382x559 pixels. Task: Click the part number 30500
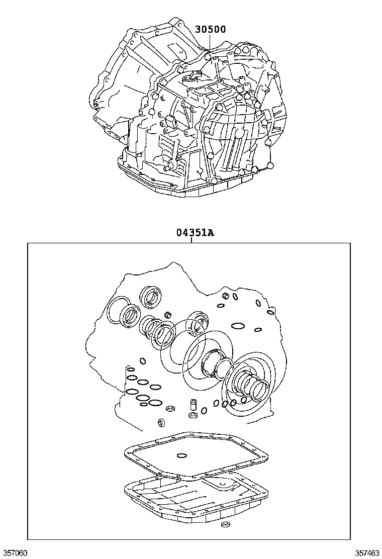(211, 29)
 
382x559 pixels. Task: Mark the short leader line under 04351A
(192, 240)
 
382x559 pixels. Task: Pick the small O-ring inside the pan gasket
(181, 456)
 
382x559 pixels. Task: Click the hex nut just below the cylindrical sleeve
(192, 416)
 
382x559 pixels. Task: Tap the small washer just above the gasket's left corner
(162, 422)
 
